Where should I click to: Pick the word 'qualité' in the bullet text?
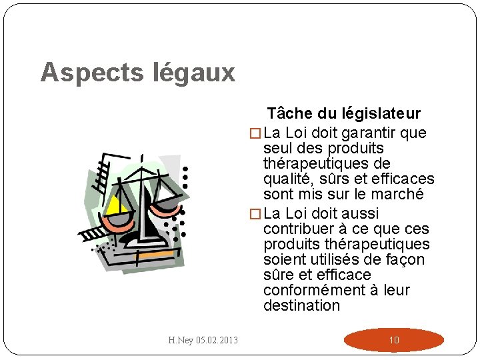click(288, 179)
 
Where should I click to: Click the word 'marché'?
click(399, 194)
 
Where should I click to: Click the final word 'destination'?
click(301, 305)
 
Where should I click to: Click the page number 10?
click(394, 340)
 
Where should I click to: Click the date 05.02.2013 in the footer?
click(217, 341)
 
